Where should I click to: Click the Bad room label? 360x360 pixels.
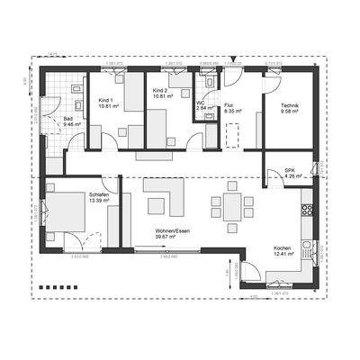click(x=68, y=116)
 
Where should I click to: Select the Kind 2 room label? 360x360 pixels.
click(x=160, y=92)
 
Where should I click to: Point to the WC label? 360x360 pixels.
click(x=200, y=102)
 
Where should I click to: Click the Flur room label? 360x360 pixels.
click(x=229, y=104)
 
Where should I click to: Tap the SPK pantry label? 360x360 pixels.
click(x=290, y=169)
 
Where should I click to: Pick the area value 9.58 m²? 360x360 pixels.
click(x=288, y=112)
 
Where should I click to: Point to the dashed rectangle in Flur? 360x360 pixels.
click(x=233, y=135)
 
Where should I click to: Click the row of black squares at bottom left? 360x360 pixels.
click(x=52, y=287)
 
